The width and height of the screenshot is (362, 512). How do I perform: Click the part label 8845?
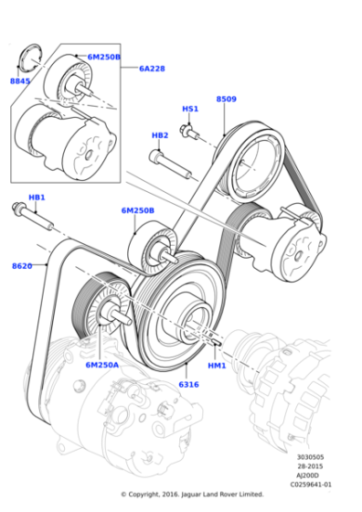[x=20, y=81]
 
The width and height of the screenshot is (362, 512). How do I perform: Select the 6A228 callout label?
[x=152, y=68]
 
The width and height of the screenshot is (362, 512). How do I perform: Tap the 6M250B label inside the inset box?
[x=103, y=57]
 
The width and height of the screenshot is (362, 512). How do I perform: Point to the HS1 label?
[x=190, y=109]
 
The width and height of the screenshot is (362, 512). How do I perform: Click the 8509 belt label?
[x=227, y=99]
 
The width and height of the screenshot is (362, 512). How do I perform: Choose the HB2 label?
[x=160, y=135]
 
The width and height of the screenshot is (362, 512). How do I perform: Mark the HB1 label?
[x=37, y=197]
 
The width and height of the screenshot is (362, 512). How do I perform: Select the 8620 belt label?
[x=23, y=266]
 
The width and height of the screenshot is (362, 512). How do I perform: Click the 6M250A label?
[x=102, y=364]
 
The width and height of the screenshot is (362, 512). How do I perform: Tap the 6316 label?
[x=188, y=385]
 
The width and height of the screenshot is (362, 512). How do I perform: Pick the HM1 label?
[x=217, y=366]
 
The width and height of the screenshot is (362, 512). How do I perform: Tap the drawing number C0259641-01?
[x=312, y=485]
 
